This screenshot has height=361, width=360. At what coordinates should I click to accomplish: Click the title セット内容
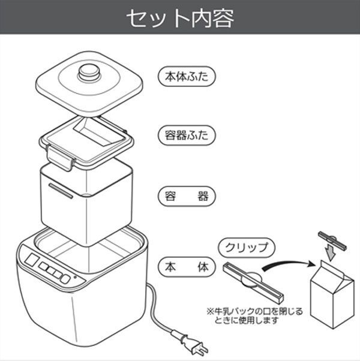(x=181, y=18)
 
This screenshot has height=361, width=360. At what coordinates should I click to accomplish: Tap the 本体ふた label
(x=187, y=76)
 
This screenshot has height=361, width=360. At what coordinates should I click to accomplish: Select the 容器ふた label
(x=187, y=135)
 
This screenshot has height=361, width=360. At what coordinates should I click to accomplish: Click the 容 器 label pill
(x=187, y=196)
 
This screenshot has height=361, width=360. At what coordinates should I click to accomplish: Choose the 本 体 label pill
(x=187, y=267)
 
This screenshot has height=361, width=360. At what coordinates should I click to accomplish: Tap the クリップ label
(x=247, y=248)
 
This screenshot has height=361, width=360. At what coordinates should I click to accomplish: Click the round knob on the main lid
(x=89, y=73)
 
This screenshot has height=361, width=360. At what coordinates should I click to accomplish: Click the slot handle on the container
(x=61, y=191)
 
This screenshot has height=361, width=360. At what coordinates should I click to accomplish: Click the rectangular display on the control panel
(x=32, y=260)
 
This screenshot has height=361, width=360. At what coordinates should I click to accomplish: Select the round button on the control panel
(x=65, y=279)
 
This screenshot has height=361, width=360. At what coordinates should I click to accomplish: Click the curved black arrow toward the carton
(x=289, y=265)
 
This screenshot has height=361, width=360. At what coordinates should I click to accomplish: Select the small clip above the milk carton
(x=332, y=240)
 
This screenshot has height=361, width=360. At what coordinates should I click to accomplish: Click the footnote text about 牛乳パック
(x=254, y=316)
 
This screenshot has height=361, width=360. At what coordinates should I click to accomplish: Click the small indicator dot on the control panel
(x=75, y=277)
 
